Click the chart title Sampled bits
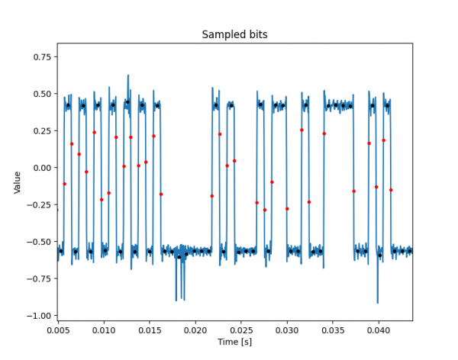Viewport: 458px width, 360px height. click(x=234, y=34)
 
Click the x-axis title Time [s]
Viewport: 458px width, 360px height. click(x=234, y=342)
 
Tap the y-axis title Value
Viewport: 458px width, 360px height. click(x=18, y=182)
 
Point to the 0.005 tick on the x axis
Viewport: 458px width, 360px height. click(x=58, y=329)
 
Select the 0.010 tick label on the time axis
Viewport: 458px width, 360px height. click(x=104, y=329)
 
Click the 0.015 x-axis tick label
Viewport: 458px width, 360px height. click(x=150, y=329)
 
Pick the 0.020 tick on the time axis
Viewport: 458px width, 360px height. click(x=195, y=329)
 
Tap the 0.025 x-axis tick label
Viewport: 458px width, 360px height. click(x=241, y=329)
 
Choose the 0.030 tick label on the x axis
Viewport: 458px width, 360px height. click(x=287, y=329)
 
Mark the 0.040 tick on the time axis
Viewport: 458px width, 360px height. click(x=379, y=329)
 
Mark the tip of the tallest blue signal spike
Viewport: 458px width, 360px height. click(x=128, y=76)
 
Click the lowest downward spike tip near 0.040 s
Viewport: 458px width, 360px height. click(x=378, y=303)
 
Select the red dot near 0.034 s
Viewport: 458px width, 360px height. click(x=324, y=133)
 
